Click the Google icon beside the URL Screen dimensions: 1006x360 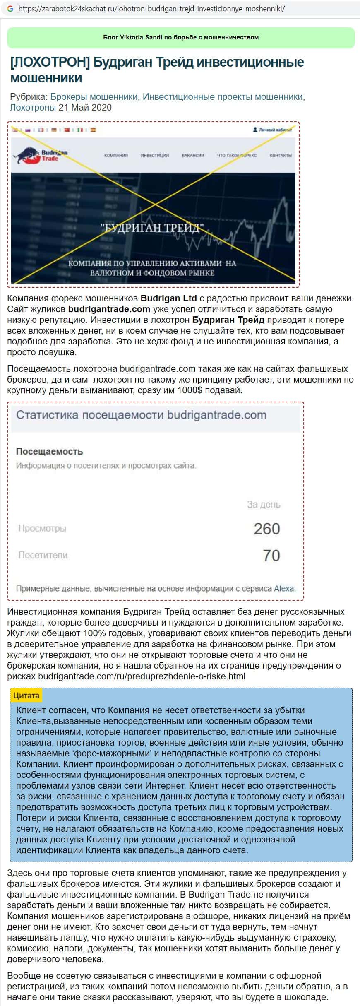tap(10, 9)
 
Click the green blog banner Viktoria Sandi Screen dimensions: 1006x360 tap(181, 37)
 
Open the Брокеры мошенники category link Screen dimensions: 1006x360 tap(94, 97)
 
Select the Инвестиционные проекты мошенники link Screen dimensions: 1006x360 tap(223, 97)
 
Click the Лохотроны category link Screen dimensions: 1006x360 tap(32, 108)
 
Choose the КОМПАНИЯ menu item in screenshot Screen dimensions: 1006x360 tap(116, 155)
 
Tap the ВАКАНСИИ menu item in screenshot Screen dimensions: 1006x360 tap(193, 155)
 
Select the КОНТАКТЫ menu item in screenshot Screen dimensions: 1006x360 tap(281, 155)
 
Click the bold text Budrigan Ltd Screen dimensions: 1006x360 tap(169, 298)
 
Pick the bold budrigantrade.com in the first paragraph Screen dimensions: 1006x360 tap(109, 309)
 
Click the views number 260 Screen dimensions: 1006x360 tap(267, 529)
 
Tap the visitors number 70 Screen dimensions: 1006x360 tap(271, 555)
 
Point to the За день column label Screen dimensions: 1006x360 tap(264, 505)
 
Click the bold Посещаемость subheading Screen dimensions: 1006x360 tap(49, 451)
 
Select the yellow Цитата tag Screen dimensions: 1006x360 tap(26, 696)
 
